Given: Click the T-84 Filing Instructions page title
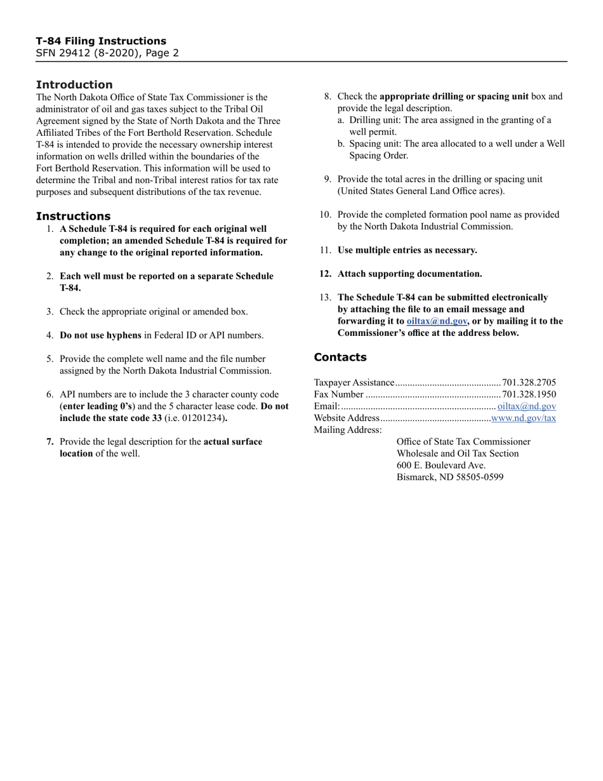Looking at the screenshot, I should (101, 41).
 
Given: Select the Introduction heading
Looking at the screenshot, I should (74, 84).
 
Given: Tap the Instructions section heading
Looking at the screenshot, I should (73, 216).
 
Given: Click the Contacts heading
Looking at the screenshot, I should (340, 357).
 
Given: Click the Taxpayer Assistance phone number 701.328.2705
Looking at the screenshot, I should (529, 382).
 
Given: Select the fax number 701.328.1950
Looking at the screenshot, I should (529, 394).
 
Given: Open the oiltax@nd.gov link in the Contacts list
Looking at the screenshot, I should (527, 406).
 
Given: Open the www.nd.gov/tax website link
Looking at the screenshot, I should (524, 418).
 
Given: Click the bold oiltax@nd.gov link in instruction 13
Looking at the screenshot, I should (437, 321).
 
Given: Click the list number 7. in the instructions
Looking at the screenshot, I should (50, 441).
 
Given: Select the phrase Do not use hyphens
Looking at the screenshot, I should (100, 335).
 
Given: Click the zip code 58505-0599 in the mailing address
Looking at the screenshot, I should (480, 477).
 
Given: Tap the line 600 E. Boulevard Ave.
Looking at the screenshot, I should (441, 465).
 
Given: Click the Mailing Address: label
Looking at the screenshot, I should (348, 430).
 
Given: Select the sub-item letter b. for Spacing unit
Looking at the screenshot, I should (341, 144).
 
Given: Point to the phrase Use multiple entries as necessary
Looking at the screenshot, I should (407, 250).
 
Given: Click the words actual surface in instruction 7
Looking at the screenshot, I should (232, 441).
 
